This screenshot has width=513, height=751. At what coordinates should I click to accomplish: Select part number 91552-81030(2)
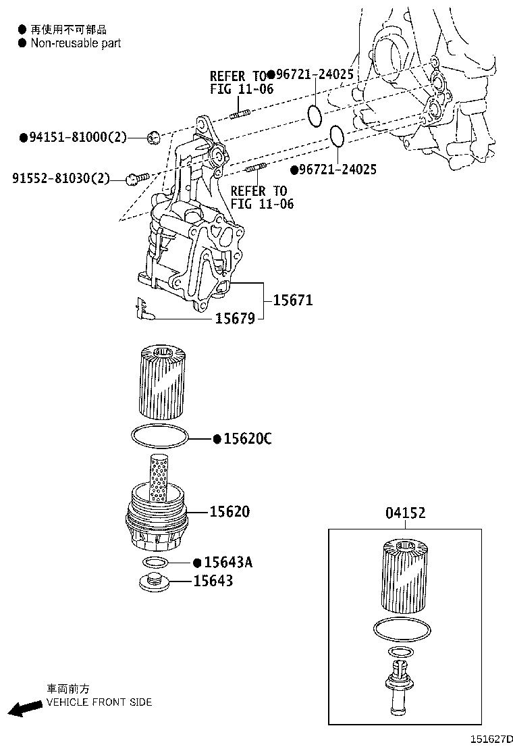[61, 179]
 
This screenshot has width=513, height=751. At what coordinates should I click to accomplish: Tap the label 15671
[293, 301]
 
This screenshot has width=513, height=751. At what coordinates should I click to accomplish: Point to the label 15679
[235, 318]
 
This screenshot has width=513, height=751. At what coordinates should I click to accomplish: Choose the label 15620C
[248, 439]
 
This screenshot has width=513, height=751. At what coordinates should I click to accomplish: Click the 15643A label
[227, 563]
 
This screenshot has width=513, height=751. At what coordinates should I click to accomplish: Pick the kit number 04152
[405, 513]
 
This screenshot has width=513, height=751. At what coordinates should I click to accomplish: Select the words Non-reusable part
[76, 43]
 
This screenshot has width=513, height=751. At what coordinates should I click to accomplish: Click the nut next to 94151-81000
[153, 138]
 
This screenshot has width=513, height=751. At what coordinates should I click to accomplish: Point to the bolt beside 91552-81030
[137, 179]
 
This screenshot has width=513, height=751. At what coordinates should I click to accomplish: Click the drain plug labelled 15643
[155, 581]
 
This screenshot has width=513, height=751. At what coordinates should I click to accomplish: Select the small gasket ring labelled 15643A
[156, 563]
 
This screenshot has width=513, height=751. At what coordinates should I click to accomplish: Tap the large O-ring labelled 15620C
[160, 436]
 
